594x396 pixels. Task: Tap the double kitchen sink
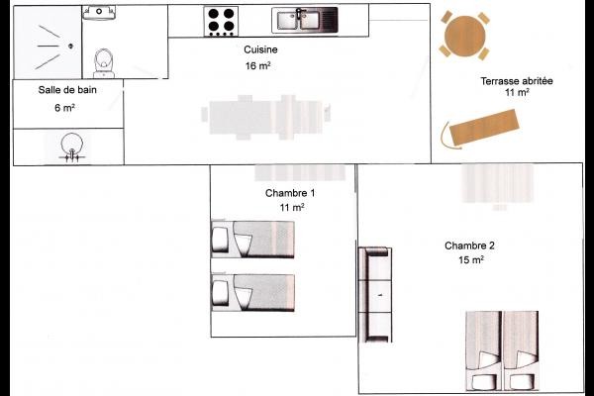pyautogui.click(x=305, y=19)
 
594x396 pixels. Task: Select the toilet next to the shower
pyautogui.click(x=102, y=62)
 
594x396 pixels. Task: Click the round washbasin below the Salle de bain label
pyautogui.click(x=70, y=146)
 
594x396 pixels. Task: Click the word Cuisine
pyautogui.click(x=260, y=49)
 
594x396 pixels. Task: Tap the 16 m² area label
pyautogui.click(x=257, y=66)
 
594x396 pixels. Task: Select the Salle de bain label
pyautogui.click(x=66, y=89)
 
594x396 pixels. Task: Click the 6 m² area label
pyautogui.click(x=66, y=107)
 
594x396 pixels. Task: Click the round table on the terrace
pyautogui.click(x=464, y=36)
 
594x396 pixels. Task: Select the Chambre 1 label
pyautogui.click(x=290, y=192)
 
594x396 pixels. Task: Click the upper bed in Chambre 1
pyautogui.click(x=253, y=238)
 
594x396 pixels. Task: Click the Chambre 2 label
pyautogui.click(x=469, y=246)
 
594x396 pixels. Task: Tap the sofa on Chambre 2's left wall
pyautogui.click(x=376, y=294)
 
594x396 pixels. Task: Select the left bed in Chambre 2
pyautogui.click(x=484, y=351)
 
